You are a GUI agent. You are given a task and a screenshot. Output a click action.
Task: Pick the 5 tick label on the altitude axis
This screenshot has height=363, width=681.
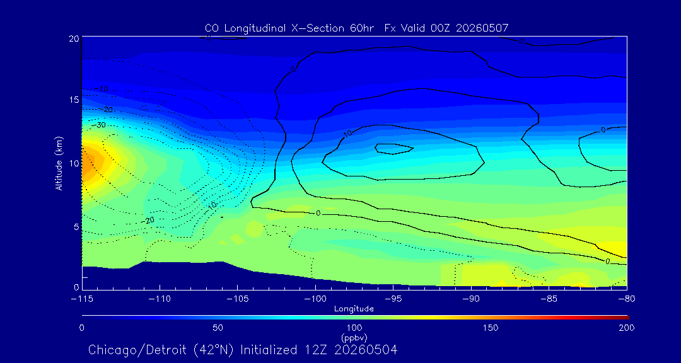[76, 227]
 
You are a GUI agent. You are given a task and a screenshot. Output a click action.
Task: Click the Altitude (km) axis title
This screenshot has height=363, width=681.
[59, 163]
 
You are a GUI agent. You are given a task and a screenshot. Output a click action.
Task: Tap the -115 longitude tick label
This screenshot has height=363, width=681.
[82, 299]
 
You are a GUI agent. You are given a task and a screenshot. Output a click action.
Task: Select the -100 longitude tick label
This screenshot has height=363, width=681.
[315, 299]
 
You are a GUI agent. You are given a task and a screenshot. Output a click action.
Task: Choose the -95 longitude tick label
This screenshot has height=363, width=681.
[393, 299]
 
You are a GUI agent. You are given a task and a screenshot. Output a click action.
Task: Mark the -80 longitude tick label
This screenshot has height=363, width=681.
[626, 299]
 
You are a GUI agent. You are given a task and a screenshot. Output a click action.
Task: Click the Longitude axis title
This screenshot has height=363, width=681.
[354, 309]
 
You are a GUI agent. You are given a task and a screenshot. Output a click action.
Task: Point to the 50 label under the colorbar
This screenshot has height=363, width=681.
[218, 328]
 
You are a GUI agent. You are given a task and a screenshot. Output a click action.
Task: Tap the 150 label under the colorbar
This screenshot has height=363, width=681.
[491, 328]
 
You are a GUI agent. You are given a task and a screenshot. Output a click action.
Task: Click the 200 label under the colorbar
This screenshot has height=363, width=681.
[626, 328]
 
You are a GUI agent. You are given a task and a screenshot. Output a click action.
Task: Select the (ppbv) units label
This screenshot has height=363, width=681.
[354, 337]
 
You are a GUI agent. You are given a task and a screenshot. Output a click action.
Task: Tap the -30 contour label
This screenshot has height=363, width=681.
[101, 125]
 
